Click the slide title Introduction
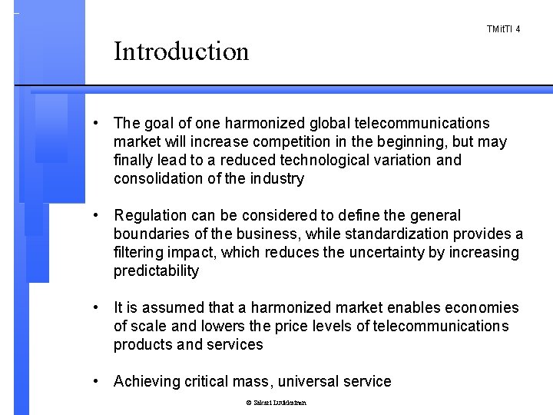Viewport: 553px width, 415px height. (181, 51)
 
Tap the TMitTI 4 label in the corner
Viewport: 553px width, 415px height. (504, 29)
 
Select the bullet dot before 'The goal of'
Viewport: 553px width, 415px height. (95, 123)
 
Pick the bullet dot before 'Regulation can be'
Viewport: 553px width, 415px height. (95, 215)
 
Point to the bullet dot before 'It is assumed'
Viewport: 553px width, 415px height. (95, 307)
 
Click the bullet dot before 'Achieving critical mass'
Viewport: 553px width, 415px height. (95, 381)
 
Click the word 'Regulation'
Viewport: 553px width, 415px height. (151, 215)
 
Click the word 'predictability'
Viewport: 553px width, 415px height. (156, 271)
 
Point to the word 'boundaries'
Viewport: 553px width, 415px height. (151, 234)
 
